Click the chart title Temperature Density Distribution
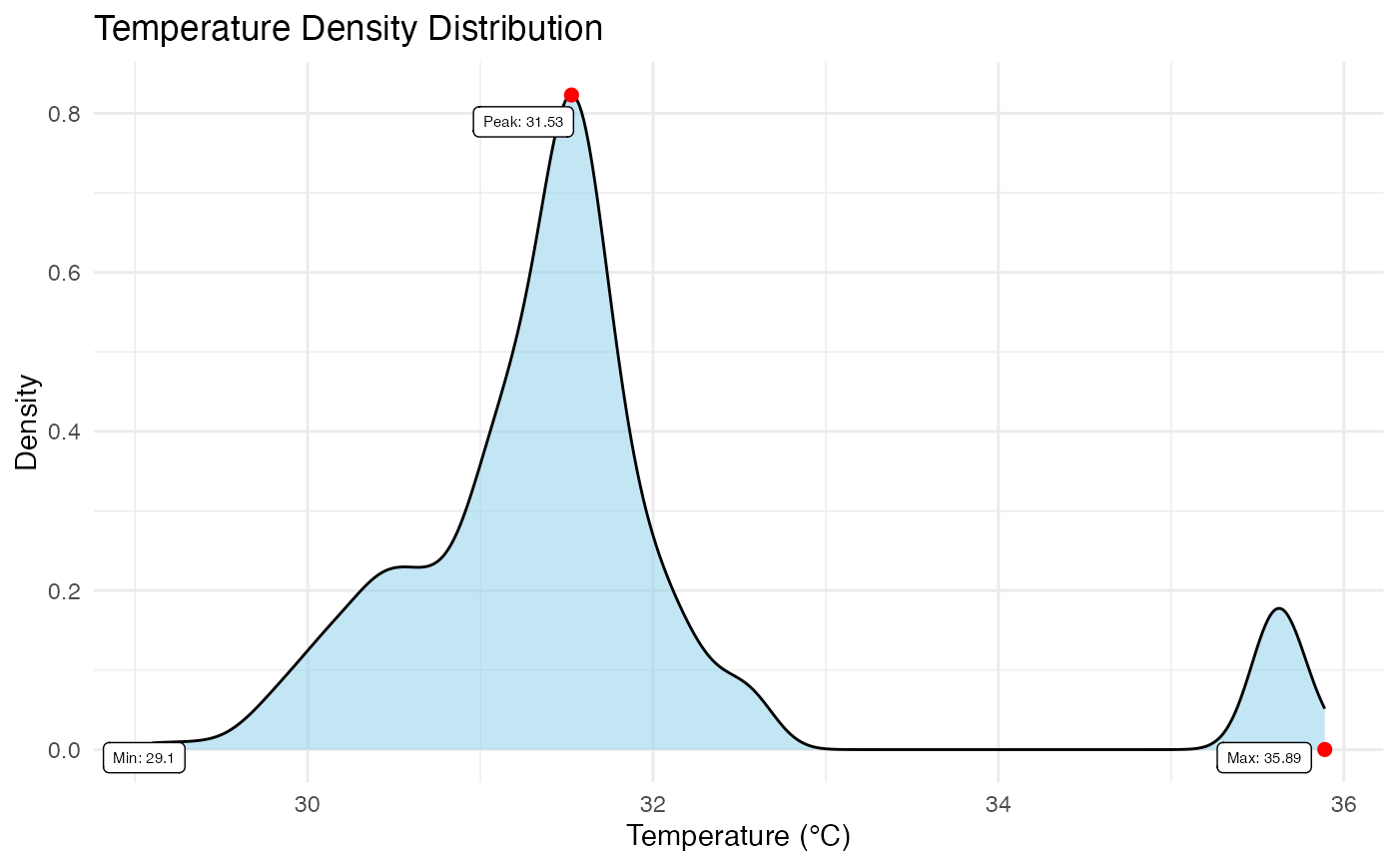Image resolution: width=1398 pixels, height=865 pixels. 348,28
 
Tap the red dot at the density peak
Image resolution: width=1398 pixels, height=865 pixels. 571,95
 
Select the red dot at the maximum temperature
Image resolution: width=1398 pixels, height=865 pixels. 1324,749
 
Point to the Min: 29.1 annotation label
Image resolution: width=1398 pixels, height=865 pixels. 144,758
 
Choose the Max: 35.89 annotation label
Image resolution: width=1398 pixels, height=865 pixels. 1263,758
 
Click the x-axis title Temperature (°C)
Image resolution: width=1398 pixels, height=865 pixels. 738,836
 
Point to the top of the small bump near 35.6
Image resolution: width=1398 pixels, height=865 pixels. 1278,608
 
